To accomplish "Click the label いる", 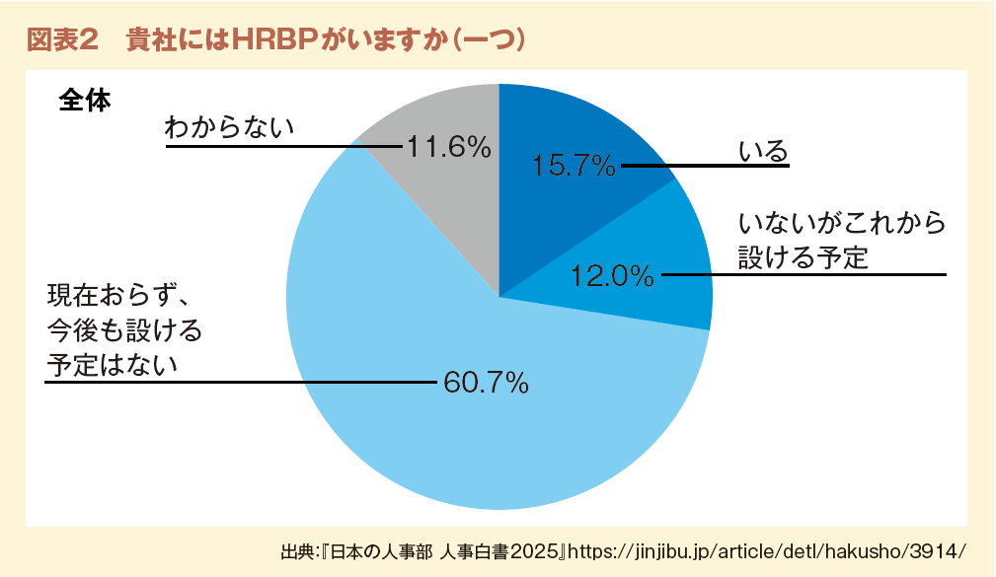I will click(764, 152).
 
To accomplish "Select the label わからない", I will click(230, 128).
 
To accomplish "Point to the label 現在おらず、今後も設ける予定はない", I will click(123, 330).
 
